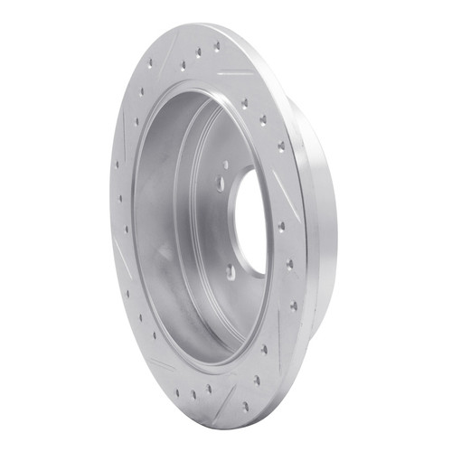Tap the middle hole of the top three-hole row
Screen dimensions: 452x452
[199, 54]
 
